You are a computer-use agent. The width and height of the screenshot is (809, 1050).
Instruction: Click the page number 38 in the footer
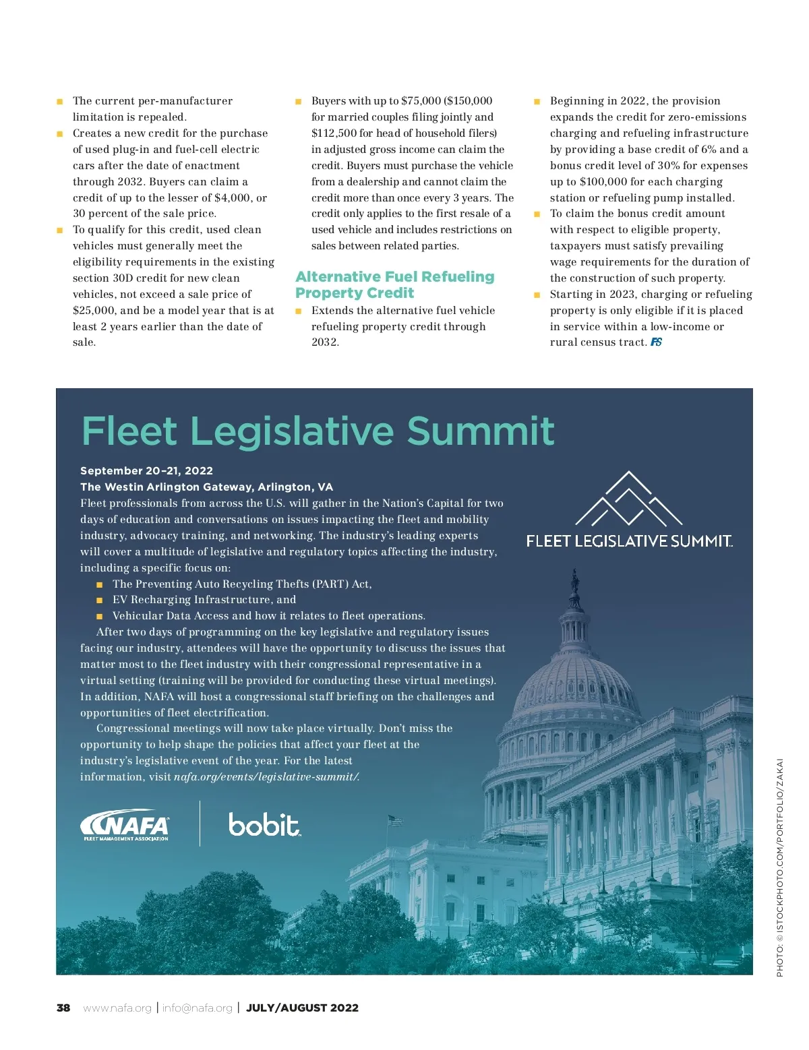tap(63, 1008)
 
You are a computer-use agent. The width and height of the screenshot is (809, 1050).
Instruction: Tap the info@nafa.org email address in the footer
tap(197, 1008)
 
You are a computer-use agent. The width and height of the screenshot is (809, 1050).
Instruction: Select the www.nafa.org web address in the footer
tap(117, 1008)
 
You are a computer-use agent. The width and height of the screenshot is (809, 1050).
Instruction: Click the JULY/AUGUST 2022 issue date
tap(302, 1008)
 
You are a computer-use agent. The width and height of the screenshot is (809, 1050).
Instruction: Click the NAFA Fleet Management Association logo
tap(125, 825)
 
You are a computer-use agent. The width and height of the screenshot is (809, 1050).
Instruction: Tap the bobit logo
tap(264, 824)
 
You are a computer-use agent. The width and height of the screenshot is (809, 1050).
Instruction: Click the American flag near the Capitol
tap(394, 820)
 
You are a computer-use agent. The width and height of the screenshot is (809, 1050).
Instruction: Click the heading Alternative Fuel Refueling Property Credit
tap(394, 284)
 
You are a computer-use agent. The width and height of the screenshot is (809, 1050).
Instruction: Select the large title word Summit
tap(481, 431)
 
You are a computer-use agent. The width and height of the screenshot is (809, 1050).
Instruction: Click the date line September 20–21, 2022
tap(146, 470)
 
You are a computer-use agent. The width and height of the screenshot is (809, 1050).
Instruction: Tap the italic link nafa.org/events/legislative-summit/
tap(266, 776)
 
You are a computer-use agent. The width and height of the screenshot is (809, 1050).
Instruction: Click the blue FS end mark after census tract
tap(656, 342)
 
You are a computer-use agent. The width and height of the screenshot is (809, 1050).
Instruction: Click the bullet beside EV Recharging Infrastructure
tap(100, 600)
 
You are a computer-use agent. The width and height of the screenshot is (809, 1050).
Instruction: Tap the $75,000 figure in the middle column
tap(421, 100)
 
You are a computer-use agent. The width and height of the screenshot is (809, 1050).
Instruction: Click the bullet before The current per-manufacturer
tap(59, 101)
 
